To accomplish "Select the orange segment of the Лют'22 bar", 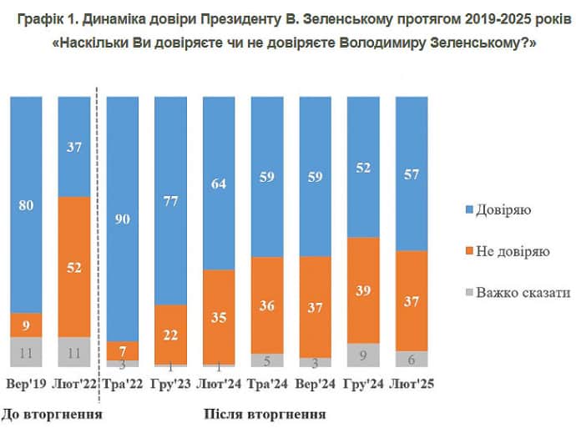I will tap(73, 267).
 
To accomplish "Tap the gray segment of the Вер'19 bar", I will tap(26, 352).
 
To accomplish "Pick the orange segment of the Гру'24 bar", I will tap(362, 289).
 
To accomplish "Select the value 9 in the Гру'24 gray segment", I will tap(362, 355).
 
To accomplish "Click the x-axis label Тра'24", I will tap(266, 385).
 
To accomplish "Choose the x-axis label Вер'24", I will tap(315, 385).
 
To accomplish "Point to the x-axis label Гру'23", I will tap(169, 385).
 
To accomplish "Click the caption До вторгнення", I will tap(52, 414).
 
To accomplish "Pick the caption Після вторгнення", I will tap(264, 414).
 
